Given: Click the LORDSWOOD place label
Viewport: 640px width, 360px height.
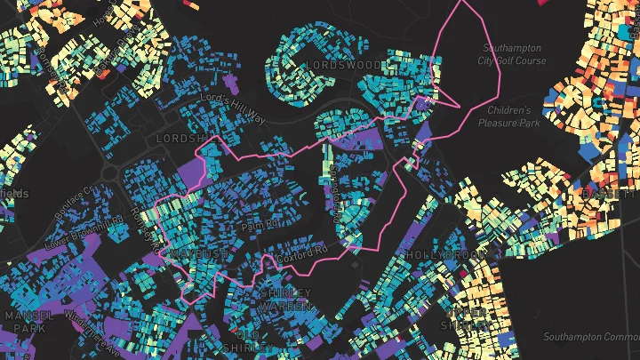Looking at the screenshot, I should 343,66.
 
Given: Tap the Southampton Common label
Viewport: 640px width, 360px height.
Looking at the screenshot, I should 592,336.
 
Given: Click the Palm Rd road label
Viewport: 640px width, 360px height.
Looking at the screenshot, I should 255,226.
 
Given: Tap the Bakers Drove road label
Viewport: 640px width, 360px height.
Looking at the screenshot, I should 335,190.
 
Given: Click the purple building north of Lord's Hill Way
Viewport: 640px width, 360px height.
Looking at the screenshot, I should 230,84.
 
